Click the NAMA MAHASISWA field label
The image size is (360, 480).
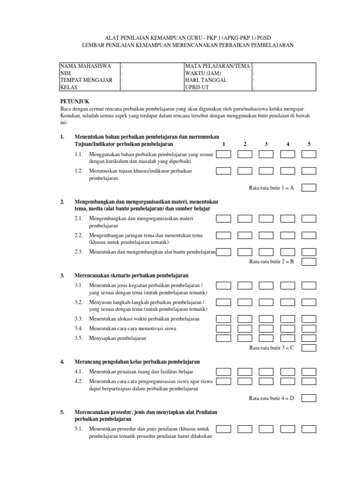[85, 66]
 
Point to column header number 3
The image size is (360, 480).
[266, 144]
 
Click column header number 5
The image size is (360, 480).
[309, 144]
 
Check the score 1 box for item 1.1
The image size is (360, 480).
[223, 154]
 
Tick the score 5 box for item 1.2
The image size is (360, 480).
[309, 171]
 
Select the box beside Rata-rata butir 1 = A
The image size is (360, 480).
[309, 187]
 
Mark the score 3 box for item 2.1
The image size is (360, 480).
[266, 218]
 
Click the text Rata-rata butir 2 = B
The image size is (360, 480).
[271, 262]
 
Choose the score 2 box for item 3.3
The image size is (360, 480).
[245, 318]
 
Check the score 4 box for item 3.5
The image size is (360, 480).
[287, 337]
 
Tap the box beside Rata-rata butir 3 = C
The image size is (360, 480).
[309, 348]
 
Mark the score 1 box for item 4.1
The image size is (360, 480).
[223, 371]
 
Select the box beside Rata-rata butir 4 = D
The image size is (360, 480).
[309, 398]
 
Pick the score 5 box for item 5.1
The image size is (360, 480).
[309, 428]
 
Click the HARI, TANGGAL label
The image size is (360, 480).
[206, 80]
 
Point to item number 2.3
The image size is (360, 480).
[79, 252]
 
